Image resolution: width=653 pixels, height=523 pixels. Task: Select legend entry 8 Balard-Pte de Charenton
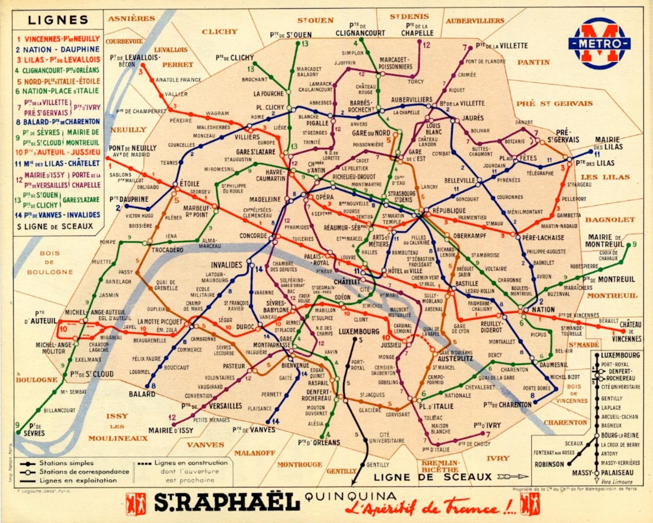(x=58, y=122)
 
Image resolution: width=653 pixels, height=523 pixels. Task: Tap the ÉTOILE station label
(x=189, y=184)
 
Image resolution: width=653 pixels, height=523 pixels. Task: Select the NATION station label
(x=543, y=310)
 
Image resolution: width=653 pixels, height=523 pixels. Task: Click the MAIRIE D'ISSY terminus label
(x=170, y=430)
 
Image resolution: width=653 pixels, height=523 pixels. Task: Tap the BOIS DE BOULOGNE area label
(x=50, y=262)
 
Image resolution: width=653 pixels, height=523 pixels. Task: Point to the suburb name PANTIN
(x=533, y=62)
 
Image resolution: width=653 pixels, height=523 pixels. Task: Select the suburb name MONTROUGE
(x=300, y=464)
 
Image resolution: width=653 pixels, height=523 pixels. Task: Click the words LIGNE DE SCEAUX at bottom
(x=433, y=477)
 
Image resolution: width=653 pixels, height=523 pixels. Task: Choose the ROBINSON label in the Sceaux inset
(x=549, y=464)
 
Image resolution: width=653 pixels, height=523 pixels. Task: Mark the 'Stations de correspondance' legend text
(x=84, y=471)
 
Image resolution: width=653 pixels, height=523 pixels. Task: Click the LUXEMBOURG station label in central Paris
(x=359, y=331)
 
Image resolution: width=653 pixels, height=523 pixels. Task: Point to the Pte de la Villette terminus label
(x=502, y=46)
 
